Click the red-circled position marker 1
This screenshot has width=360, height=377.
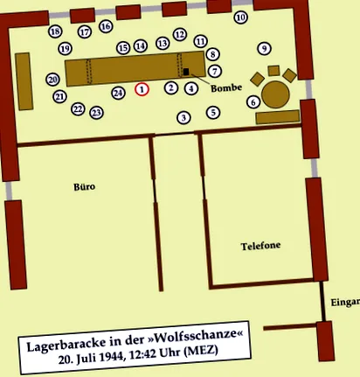click(142, 89)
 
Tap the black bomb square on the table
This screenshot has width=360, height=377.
click(186, 72)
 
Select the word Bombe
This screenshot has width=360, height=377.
click(226, 87)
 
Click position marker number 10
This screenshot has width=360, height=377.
click(241, 17)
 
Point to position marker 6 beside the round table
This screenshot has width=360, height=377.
click(253, 102)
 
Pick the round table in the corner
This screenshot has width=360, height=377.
click(275, 94)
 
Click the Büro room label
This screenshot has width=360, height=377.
click(84, 186)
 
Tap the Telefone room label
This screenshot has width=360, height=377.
click(260, 246)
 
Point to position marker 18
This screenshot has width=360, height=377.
click(55, 31)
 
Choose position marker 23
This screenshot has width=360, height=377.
click(96, 113)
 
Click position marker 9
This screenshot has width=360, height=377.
click(265, 48)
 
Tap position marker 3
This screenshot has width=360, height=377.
click(183, 117)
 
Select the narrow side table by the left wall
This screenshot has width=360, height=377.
click(24, 81)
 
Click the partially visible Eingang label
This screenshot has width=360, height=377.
click(345, 303)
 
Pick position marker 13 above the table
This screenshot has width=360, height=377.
click(163, 43)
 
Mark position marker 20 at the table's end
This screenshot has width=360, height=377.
click(52, 80)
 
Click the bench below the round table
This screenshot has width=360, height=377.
click(278, 117)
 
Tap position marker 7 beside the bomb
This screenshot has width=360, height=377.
click(215, 71)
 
